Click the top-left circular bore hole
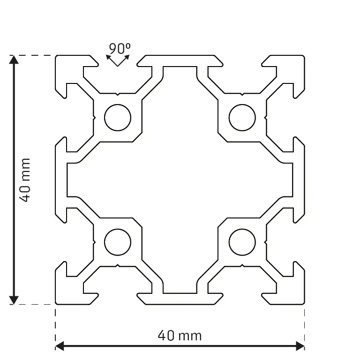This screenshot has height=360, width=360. pos(118,117)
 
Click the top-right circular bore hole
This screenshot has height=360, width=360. pos(242,117)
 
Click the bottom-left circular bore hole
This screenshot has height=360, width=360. pos(118,242)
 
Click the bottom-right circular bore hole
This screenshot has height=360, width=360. pos(242,242)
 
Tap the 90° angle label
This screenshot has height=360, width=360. pos(119,48)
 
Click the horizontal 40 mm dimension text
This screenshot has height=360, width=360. pos(180,336)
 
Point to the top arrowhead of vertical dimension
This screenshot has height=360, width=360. pos(14,60)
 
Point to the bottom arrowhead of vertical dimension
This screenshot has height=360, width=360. pos(14,300)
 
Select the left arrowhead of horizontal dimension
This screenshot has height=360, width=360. pos(60,346)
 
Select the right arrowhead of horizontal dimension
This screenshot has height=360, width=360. pos(300,346)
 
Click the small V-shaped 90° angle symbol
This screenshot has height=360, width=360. pos(117,61)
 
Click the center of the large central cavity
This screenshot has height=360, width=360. pos(180,180)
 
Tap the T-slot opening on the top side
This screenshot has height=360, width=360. pos(118,60)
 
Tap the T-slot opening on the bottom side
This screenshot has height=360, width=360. pos(118,299)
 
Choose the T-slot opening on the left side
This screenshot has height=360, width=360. pos(60,118)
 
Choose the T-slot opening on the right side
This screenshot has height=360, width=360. pos(300,118)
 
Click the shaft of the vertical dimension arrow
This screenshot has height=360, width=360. pos(14,141)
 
